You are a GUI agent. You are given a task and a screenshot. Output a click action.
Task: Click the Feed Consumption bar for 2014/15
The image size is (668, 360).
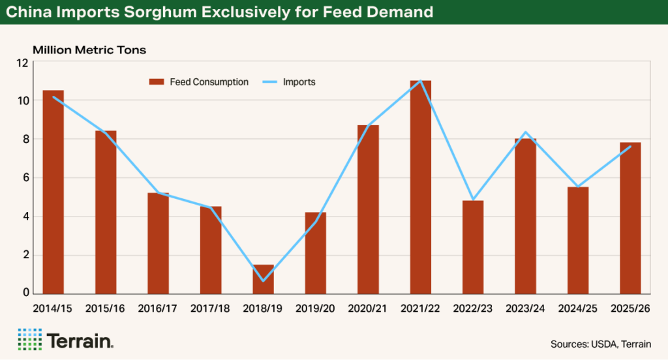[x=53, y=192]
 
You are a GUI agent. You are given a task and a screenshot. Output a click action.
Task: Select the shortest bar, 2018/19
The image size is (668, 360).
[x=263, y=279]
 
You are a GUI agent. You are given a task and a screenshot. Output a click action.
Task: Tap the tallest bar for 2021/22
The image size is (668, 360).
[x=420, y=188]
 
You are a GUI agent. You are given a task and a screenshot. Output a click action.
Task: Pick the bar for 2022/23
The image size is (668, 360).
[x=473, y=247]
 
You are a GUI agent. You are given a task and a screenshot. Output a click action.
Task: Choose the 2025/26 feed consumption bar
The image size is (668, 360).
[x=630, y=218]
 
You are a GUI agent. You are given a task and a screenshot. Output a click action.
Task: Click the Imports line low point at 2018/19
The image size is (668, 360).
[x=263, y=281]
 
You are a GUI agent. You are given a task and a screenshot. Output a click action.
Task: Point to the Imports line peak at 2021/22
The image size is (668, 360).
[x=420, y=81]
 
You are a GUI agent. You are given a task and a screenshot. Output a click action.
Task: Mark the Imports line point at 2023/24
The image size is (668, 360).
[x=525, y=132]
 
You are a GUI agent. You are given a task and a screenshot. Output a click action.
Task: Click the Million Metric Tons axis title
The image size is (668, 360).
[x=90, y=50]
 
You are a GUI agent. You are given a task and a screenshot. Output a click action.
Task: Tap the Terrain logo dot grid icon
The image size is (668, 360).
[x=29, y=339]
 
